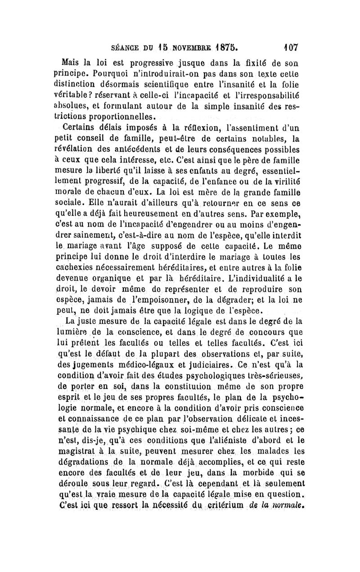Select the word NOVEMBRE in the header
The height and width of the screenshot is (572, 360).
(x=182, y=47)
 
